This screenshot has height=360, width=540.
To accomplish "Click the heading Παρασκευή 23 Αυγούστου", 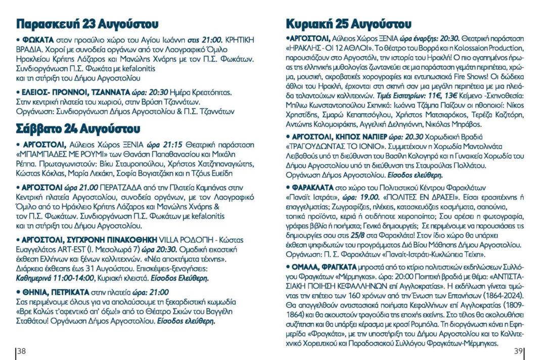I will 87,24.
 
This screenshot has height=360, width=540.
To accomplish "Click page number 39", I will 518,351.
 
